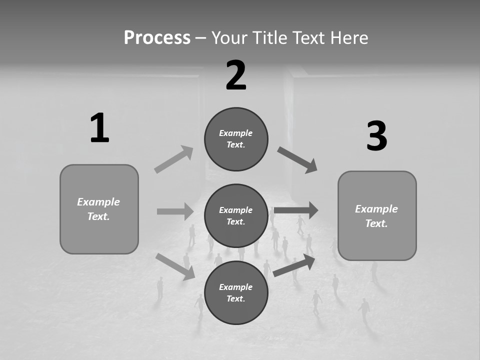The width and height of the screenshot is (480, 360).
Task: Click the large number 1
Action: (x=99, y=128)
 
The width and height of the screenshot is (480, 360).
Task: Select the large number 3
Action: (x=377, y=136)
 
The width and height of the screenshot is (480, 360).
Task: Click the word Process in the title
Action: (x=157, y=37)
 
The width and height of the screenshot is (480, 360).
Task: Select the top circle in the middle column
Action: (x=236, y=139)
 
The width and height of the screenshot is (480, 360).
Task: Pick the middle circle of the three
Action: (x=236, y=215)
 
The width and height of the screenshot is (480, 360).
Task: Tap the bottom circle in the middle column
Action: (x=236, y=292)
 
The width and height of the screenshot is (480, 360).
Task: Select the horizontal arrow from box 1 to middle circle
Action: (x=175, y=211)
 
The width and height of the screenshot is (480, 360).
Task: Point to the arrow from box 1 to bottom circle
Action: (x=175, y=266)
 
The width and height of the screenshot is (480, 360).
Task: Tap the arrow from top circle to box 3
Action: (x=297, y=160)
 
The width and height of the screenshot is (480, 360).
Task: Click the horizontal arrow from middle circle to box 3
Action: (x=296, y=210)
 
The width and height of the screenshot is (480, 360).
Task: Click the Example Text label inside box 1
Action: (x=98, y=209)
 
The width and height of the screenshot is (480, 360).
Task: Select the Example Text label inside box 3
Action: (x=376, y=216)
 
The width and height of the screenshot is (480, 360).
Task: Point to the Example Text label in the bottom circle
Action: (x=236, y=292)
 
